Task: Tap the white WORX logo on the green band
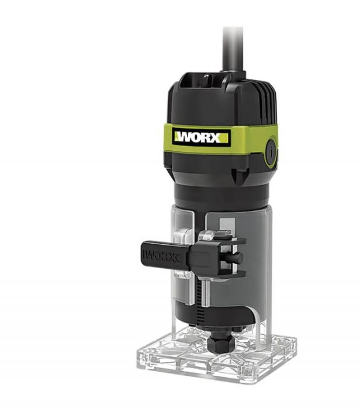point(201,137)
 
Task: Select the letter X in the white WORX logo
point(216,138)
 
